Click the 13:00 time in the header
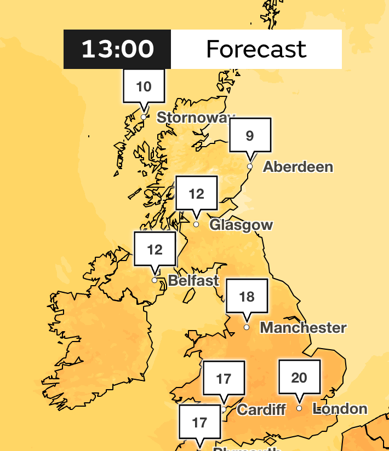click(x=117, y=49)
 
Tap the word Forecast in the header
click(x=256, y=49)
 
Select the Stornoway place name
click(x=196, y=118)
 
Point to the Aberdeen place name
click(x=298, y=167)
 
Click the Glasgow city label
click(x=241, y=225)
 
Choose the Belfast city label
click(x=193, y=281)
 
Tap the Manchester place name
click(x=303, y=328)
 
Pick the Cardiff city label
click(x=261, y=409)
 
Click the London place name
click(x=340, y=409)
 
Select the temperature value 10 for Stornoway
click(x=144, y=86)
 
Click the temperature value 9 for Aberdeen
click(x=250, y=135)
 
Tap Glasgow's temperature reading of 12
click(x=196, y=193)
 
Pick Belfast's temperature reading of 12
click(x=155, y=250)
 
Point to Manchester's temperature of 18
click(x=247, y=297)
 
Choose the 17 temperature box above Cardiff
click(x=224, y=378)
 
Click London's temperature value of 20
click(x=299, y=377)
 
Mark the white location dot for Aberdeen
click(x=250, y=166)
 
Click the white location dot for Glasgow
click(x=196, y=224)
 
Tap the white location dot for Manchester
click(x=247, y=327)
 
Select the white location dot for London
click(x=299, y=408)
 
